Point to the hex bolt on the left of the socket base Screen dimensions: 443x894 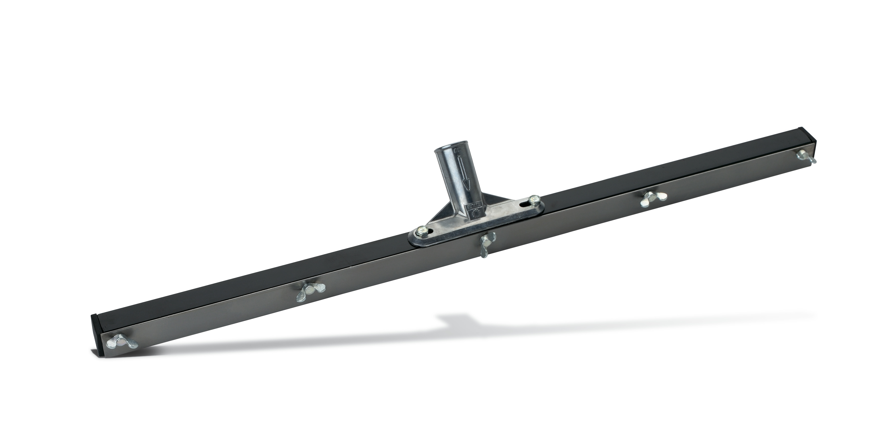pos(422,230)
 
